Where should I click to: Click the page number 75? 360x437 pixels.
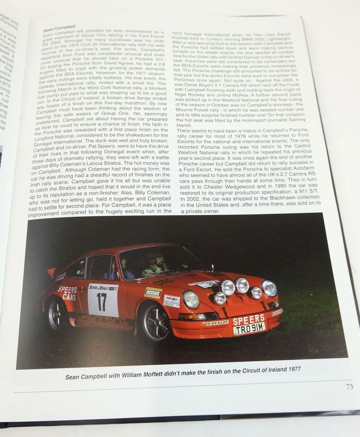(350, 387)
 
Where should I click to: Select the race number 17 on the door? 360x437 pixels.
(102, 301)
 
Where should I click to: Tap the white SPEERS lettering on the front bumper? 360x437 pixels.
(249, 319)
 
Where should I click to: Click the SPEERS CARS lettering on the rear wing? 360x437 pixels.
(67, 292)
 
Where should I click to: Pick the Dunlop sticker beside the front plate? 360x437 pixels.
(217, 323)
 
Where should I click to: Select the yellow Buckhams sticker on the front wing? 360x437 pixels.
(153, 292)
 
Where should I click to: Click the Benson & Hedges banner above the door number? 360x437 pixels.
(103, 287)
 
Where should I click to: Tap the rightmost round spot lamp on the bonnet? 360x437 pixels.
(269, 288)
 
